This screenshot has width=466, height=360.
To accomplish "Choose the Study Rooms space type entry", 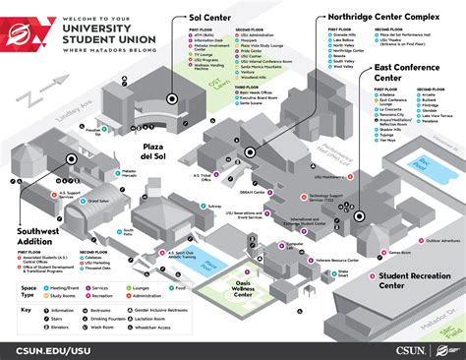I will tap(63, 292).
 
